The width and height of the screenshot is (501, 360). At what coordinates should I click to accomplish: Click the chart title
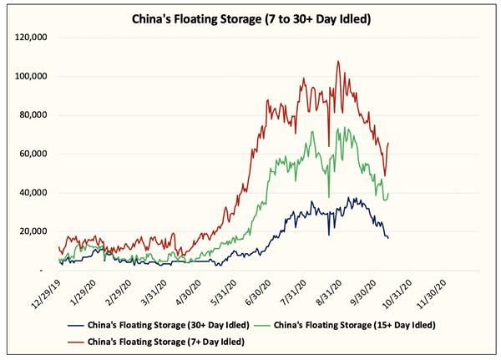[250, 18]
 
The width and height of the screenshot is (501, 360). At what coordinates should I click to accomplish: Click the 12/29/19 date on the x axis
[48, 292]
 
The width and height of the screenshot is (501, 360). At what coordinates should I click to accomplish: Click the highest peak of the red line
[338, 61]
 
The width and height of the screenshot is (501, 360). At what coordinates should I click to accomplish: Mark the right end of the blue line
[387, 239]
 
